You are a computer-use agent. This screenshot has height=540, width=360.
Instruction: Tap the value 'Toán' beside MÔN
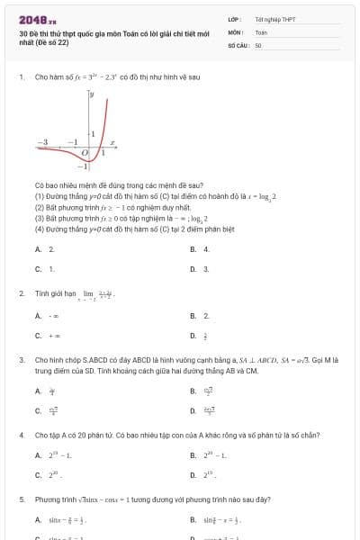pos(261,31)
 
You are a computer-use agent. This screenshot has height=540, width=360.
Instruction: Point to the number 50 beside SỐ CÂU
pos(258,44)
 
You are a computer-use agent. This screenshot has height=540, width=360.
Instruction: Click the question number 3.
pos(21,359)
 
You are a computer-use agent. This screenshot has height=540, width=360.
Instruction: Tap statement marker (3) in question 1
pos(40,217)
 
